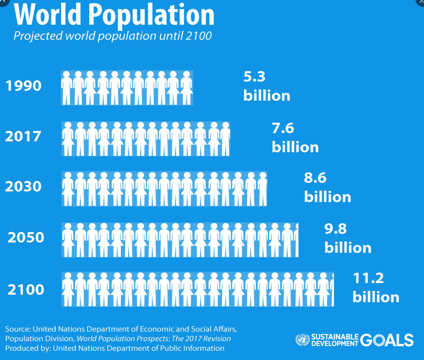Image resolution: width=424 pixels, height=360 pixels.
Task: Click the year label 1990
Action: click(23, 86)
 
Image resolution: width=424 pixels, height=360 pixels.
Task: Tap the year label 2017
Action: click(23, 136)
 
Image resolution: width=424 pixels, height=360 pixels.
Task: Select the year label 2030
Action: click(23, 187)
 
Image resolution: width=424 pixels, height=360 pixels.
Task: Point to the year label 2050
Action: click(26, 238)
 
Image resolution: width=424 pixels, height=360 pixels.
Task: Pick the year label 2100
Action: click(26, 289)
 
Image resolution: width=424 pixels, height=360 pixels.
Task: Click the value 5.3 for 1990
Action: click(254, 77)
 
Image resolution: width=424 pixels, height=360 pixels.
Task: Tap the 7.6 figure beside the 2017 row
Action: click(283, 128)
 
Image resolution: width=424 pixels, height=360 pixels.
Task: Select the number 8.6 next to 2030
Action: click(315, 178)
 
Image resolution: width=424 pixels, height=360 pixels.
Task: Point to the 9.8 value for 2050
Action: click(335, 229)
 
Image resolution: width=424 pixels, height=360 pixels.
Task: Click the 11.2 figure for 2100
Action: click(368, 279)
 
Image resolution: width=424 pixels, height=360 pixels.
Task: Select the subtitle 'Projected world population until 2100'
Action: click(112, 36)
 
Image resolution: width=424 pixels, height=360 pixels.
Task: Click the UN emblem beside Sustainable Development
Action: click(302, 340)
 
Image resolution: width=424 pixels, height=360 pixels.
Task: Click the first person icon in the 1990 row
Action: click(67, 87)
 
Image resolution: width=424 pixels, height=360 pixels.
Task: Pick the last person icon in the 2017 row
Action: click(225, 138)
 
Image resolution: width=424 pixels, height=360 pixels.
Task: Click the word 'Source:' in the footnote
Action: click(17, 329)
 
